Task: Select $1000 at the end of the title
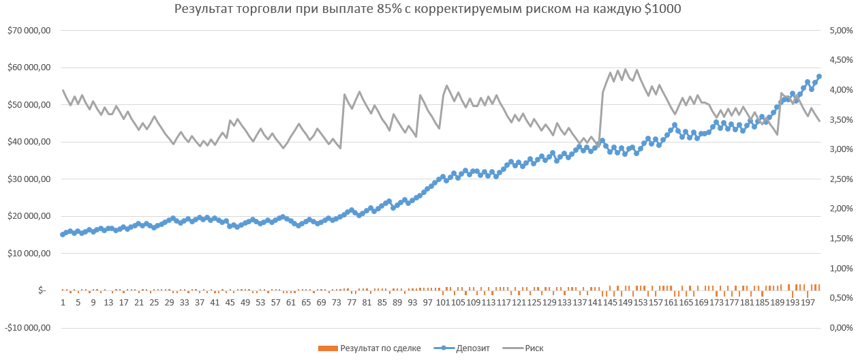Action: (x=662, y=10)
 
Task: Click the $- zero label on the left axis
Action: (x=42, y=290)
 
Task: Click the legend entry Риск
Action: (x=534, y=348)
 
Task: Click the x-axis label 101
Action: (x=442, y=302)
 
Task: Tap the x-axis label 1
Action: (x=63, y=302)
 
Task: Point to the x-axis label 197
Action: (x=808, y=302)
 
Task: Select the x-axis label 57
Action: (x=275, y=302)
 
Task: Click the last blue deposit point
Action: (x=819, y=76)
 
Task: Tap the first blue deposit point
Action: (x=63, y=235)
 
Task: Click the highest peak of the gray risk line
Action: (x=625, y=69)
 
